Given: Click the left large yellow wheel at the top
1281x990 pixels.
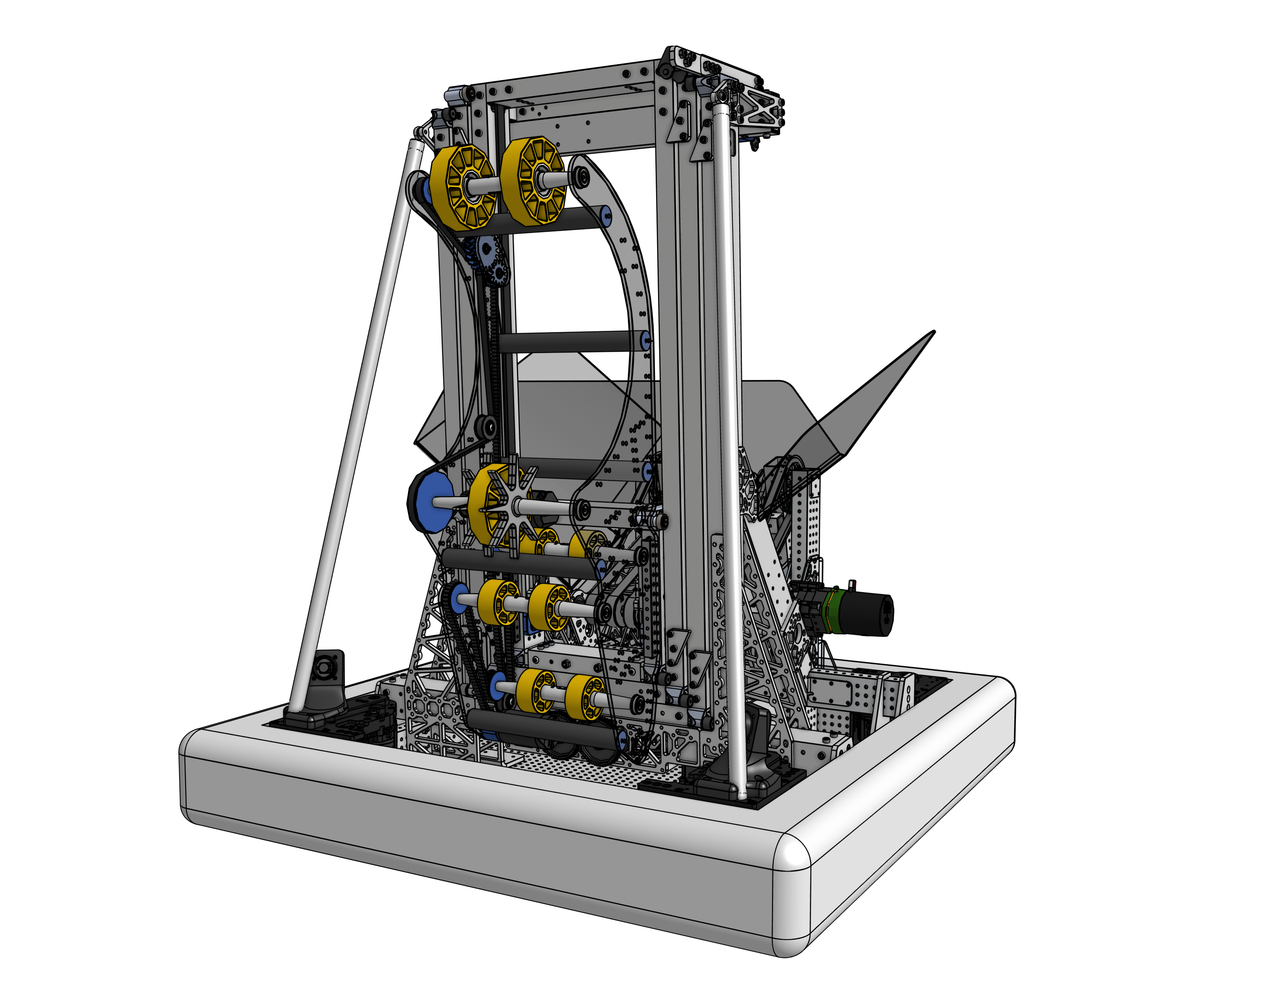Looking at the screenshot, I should coord(462,187).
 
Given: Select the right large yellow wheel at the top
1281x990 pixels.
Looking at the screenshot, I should coord(531,181).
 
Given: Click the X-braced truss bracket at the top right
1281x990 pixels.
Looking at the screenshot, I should coord(757,108).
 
